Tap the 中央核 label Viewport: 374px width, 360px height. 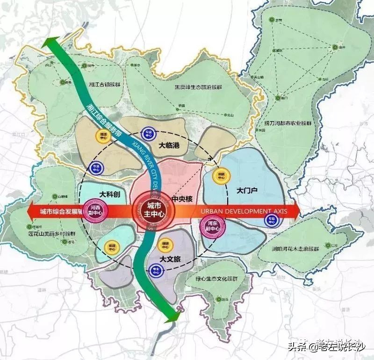[182, 198]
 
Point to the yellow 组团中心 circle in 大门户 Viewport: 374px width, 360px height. [218, 176]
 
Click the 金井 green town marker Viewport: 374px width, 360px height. [335, 47]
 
